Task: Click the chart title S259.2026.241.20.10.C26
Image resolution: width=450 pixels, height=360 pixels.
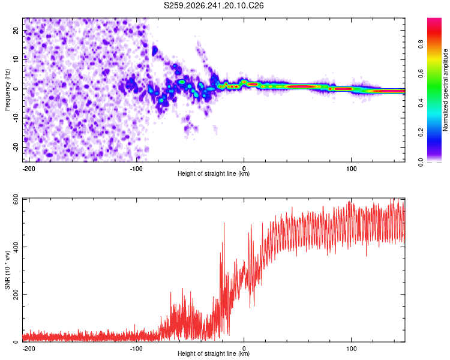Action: click(x=214, y=5)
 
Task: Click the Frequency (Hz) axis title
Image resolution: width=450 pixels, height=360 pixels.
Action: click(x=7, y=90)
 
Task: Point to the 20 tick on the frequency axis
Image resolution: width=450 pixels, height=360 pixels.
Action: click(x=16, y=30)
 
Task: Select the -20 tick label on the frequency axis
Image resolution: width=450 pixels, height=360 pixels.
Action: click(x=16, y=148)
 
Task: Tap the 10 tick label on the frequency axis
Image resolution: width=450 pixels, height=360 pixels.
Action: click(x=16, y=59)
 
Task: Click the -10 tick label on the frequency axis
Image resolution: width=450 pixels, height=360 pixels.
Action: click(x=16, y=118)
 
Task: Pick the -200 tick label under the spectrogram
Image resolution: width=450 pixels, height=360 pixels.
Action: click(x=29, y=169)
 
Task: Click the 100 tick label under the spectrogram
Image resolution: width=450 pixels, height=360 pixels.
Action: click(x=351, y=169)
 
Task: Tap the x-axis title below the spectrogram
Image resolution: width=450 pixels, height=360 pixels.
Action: click(x=214, y=173)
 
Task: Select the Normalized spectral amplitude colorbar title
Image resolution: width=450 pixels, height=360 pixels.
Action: click(x=445, y=90)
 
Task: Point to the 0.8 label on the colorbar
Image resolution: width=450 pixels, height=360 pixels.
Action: click(x=421, y=44)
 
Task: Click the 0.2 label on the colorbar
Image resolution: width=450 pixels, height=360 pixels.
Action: click(x=421, y=133)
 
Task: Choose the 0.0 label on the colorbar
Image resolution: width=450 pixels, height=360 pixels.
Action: click(x=421, y=162)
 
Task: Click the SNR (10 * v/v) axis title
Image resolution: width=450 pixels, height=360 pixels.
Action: click(x=7, y=270)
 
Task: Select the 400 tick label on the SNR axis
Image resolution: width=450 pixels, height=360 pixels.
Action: click(x=16, y=247)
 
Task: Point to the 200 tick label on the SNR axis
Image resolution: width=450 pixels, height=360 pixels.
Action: click(x=16, y=294)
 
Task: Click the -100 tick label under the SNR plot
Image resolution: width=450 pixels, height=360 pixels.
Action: click(x=136, y=349)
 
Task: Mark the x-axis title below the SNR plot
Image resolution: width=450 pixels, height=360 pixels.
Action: click(x=214, y=353)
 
